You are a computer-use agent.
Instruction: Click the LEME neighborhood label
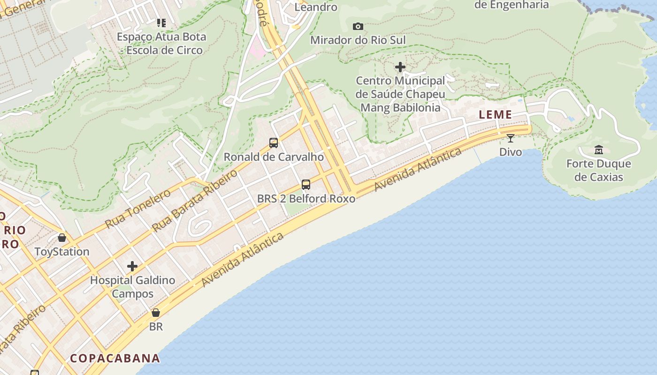pos(495,115)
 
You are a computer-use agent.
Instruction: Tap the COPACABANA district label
pos(115,359)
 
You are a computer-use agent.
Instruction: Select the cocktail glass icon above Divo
pos(511,138)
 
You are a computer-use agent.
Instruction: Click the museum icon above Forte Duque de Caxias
pos(599,150)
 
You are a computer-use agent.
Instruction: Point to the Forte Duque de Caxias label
pos(599,171)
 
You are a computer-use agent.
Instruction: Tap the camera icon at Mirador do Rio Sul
pos(358,26)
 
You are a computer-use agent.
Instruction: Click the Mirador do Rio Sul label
pos(358,40)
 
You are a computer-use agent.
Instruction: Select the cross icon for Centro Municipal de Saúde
pos(400,67)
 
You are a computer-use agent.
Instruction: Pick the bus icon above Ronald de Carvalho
pos(274,142)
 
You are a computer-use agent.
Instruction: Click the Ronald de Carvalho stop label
pos(274,157)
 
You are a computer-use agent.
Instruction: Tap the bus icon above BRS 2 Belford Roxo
pos(306,184)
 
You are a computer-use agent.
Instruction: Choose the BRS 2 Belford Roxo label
pos(306,199)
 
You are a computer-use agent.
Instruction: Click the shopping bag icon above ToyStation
pos(62,238)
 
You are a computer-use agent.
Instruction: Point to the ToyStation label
pos(62,252)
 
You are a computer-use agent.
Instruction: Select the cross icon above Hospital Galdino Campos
pos(132,266)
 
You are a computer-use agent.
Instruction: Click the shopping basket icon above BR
pos(156,312)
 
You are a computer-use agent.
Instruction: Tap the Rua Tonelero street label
pos(138,209)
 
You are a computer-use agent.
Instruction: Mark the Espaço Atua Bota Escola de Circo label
pos(161,44)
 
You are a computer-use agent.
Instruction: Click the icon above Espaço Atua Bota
pos(161,22)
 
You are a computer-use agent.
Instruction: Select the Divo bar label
pos(511,152)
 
